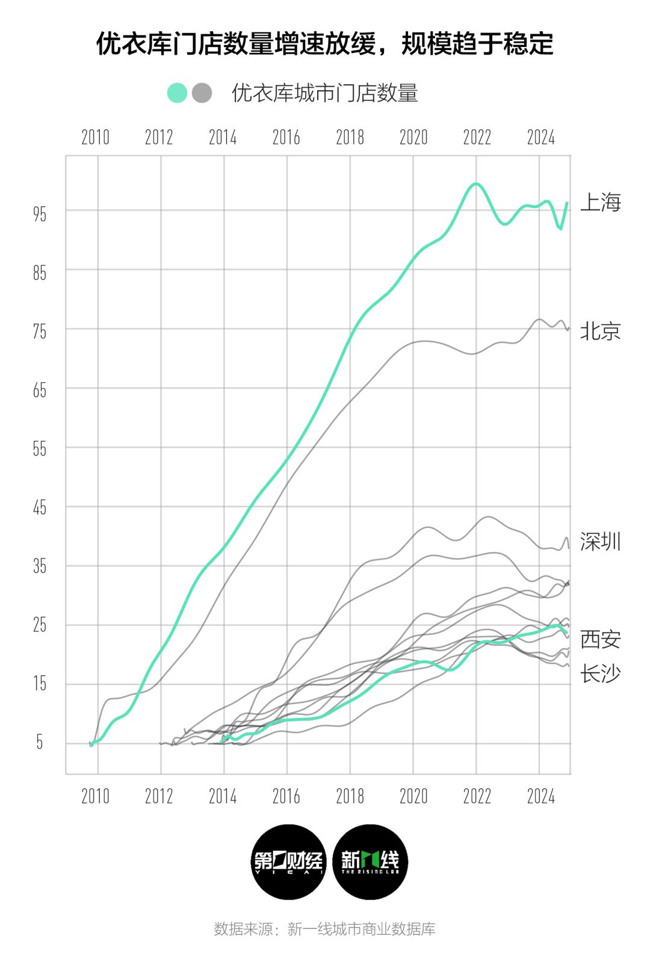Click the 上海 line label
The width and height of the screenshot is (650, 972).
[x=600, y=203]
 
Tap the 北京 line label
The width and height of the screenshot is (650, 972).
[x=600, y=331]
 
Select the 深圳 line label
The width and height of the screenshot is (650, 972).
[x=600, y=542]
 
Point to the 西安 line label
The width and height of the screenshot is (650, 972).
[x=600, y=639]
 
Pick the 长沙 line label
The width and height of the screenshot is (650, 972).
[x=600, y=673]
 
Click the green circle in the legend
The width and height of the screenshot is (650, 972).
[x=178, y=93]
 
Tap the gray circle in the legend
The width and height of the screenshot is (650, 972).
[x=202, y=93]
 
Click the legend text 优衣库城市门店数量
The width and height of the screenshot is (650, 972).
[x=325, y=93]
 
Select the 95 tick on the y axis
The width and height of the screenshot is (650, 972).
[x=40, y=214]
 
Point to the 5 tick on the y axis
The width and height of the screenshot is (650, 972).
[x=40, y=743]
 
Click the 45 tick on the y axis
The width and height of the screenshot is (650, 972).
[x=40, y=508]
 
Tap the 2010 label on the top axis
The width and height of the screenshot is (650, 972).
[x=95, y=138]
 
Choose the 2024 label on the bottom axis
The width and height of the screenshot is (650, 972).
[x=540, y=797]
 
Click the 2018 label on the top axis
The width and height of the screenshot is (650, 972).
[x=350, y=138]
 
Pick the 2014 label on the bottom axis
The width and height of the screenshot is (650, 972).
[x=223, y=797]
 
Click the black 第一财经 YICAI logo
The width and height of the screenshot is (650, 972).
[x=288, y=862]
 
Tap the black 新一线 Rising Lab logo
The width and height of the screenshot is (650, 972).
[x=370, y=862]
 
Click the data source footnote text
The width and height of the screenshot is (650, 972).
[x=324, y=929]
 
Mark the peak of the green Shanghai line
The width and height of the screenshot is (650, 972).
[x=475, y=184]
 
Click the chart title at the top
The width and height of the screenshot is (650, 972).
[x=324, y=44]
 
